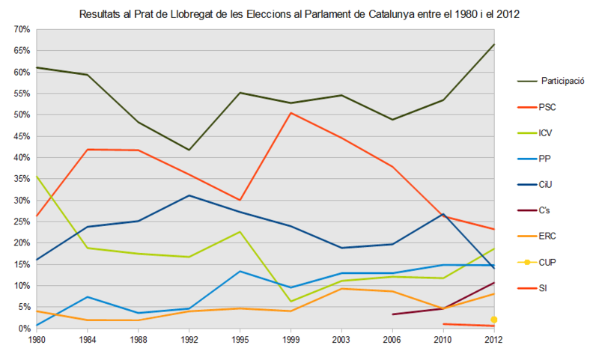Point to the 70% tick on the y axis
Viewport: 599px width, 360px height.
tap(20, 29)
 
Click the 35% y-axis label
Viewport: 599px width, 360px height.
tap(20, 179)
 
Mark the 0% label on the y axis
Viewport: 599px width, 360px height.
tap(22, 329)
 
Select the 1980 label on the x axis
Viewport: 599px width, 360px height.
tap(36, 340)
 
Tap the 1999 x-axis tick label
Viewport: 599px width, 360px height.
tap(290, 340)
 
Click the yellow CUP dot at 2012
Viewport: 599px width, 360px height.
tap(494, 320)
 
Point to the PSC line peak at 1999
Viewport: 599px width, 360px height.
tap(290, 113)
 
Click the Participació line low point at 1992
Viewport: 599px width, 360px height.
tap(189, 150)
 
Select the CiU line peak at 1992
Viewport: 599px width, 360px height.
tap(189, 195)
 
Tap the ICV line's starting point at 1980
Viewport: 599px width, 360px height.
tap(36, 176)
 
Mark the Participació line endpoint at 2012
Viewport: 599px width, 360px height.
tap(494, 44)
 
